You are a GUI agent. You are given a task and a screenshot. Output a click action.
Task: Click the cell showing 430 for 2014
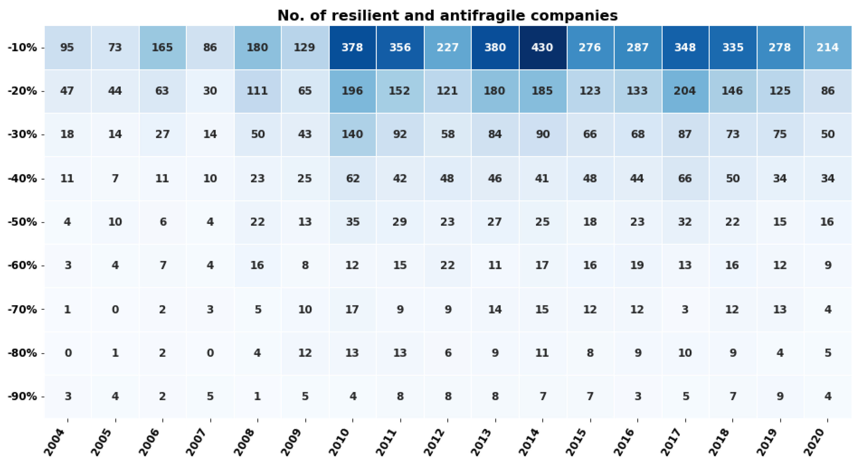(x=542, y=47)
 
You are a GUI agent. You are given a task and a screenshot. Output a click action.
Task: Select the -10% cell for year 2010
(x=352, y=47)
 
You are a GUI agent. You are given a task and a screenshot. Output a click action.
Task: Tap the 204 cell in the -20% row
(x=685, y=91)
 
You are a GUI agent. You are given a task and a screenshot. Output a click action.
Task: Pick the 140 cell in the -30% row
(x=352, y=134)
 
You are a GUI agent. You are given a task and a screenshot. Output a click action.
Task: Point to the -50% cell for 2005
(x=115, y=222)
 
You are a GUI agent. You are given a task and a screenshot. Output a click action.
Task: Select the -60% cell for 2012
(x=447, y=265)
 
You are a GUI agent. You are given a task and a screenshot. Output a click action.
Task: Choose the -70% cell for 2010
(x=352, y=309)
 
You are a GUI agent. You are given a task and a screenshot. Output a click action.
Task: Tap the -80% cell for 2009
(x=305, y=353)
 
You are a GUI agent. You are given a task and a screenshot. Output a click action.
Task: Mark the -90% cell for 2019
(x=780, y=396)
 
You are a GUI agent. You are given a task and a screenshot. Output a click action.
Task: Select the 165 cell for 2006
(x=163, y=47)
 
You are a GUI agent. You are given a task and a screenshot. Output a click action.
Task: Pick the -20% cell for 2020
(x=828, y=91)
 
